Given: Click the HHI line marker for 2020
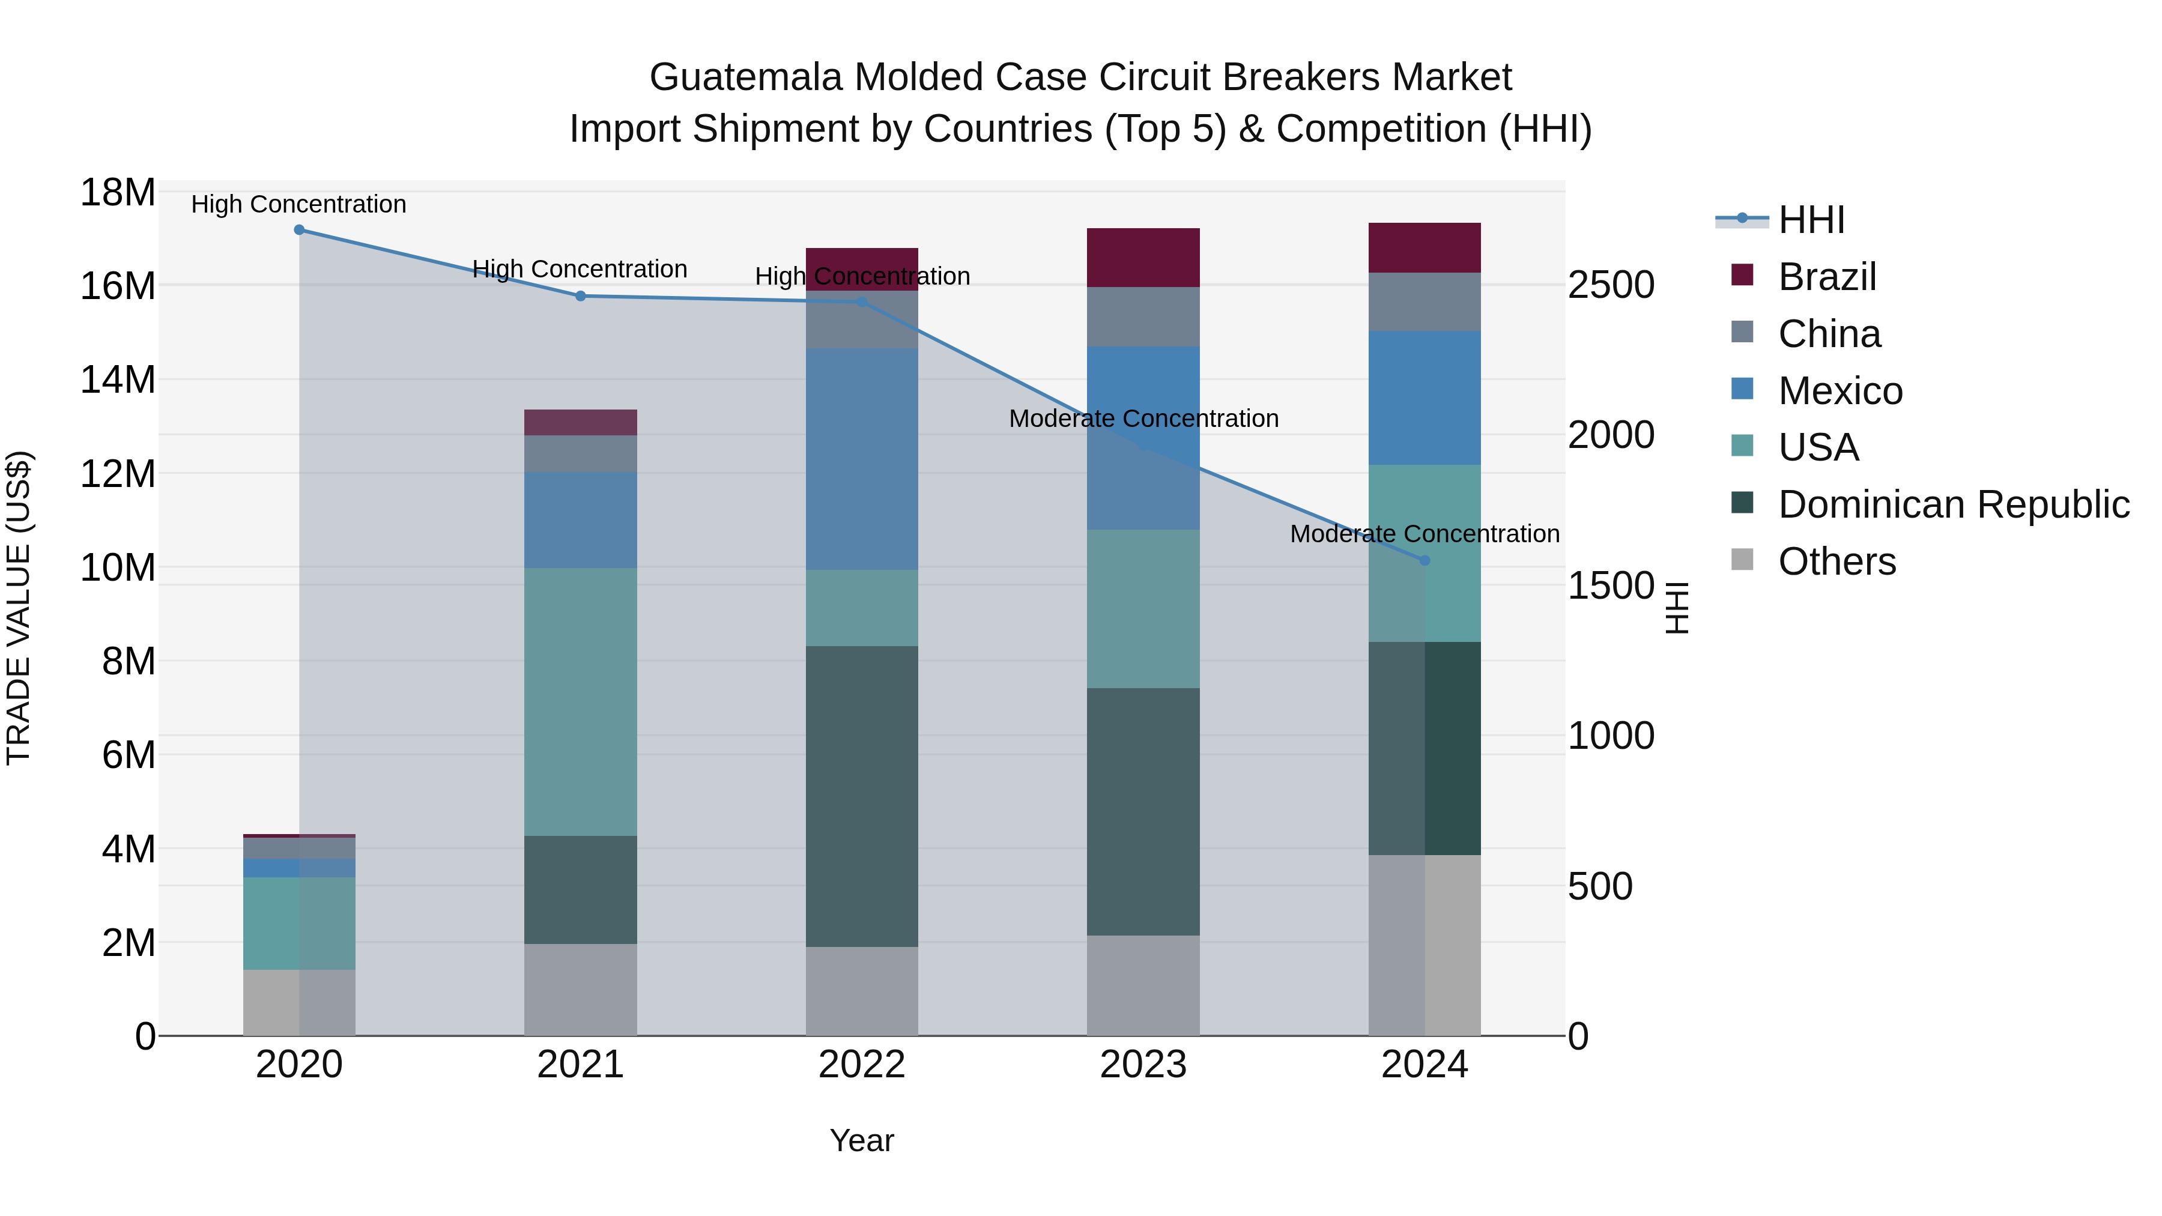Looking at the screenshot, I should (299, 229).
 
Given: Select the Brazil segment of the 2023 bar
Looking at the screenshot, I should (1143, 258).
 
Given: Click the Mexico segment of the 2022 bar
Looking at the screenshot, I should (862, 459).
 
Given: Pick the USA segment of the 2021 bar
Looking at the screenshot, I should (580, 701).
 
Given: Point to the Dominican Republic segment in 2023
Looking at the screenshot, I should (1143, 811).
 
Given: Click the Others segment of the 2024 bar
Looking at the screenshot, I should (1425, 945).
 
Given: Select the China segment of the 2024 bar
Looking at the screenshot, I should (1425, 301).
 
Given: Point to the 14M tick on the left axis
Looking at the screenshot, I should (118, 380).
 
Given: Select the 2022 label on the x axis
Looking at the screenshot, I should (862, 1065).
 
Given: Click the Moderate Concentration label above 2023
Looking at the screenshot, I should (1143, 418).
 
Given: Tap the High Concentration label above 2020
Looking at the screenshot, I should (299, 204).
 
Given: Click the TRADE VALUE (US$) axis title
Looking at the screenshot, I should (19, 608).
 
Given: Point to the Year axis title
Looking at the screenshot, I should (862, 1140).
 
